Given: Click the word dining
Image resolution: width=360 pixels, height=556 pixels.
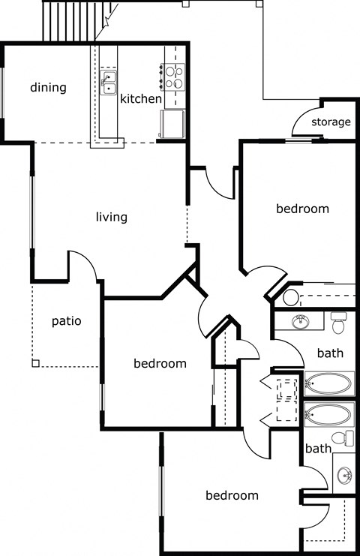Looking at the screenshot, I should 48,88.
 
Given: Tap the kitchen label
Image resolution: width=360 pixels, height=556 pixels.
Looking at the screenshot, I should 141,99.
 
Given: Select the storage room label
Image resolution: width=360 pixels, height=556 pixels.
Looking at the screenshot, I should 331,122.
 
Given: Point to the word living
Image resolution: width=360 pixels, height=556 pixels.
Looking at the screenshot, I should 112,218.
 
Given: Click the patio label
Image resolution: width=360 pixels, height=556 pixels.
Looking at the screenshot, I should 66,321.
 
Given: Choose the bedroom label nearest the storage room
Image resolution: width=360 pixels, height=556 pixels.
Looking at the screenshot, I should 302,209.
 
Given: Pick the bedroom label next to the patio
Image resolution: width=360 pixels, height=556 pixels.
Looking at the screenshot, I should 160,364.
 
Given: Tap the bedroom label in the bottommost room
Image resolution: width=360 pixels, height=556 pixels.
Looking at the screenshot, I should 232,495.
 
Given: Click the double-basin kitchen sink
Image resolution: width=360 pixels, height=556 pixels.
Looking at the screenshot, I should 109,81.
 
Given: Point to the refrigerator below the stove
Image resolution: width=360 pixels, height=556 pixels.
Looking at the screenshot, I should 172,124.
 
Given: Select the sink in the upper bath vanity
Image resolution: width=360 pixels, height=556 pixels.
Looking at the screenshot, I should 301,323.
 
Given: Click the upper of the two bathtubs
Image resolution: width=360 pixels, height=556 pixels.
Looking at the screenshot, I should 329,384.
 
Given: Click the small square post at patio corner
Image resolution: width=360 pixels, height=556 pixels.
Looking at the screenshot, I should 35,363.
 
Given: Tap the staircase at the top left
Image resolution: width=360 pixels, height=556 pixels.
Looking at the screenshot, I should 70,20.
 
